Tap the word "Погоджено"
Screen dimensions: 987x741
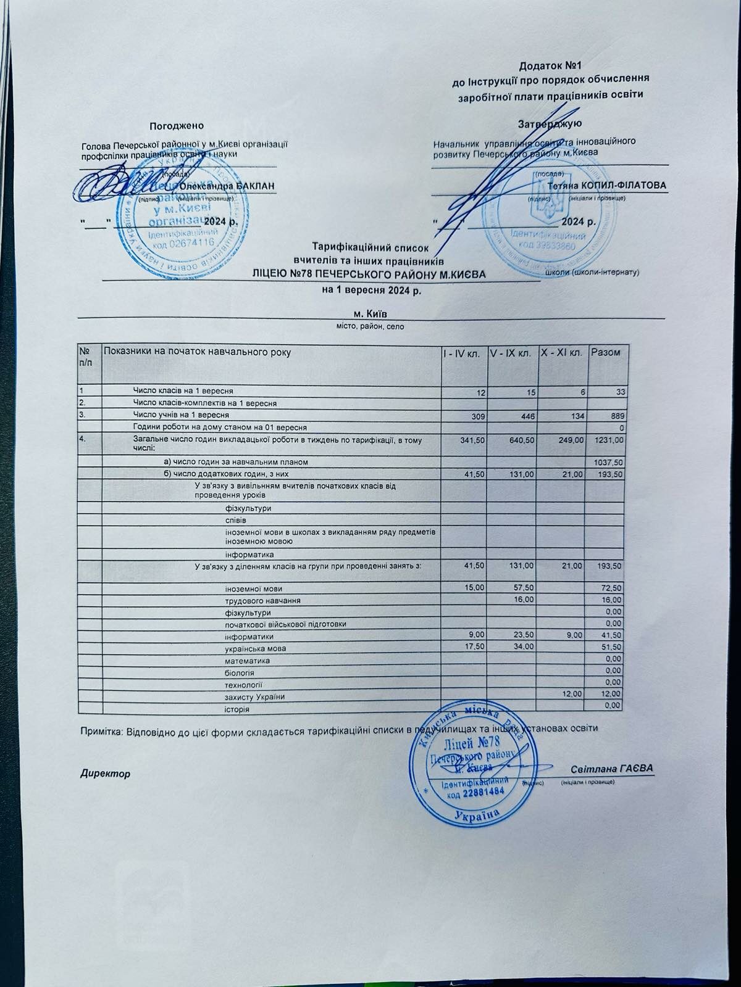point(176,126)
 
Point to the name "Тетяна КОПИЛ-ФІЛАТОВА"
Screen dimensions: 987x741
point(608,186)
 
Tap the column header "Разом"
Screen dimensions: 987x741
point(606,352)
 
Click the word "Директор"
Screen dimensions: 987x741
point(106,773)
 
